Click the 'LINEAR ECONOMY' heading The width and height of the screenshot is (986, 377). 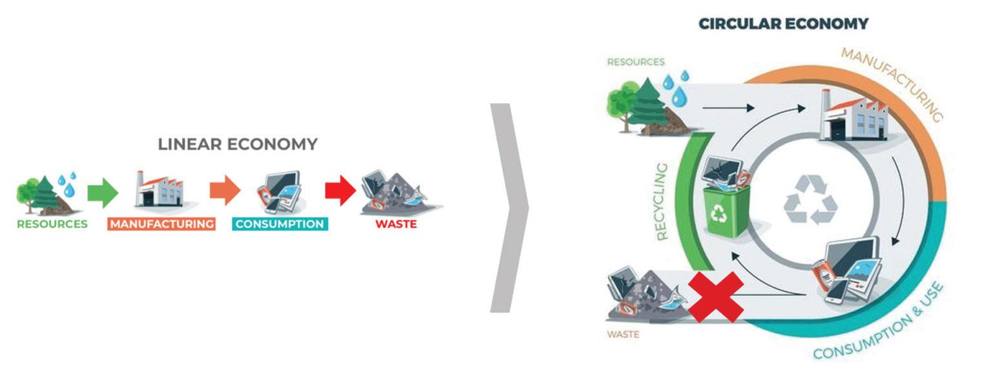pyautogui.click(x=238, y=144)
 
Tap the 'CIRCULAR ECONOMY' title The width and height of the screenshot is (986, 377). pyautogui.click(x=783, y=24)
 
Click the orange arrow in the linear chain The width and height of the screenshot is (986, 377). pyautogui.click(x=224, y=191)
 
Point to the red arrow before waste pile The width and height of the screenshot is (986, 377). pyautogui.click(x=340, y=191)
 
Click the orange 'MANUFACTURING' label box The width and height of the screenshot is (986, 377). pyautogui.click(x=162, y=224)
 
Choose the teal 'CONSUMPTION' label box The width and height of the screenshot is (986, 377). pyautogui.click(x=280, y=224)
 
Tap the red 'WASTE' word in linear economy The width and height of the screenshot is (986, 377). pyautogui.click(x=396, y=224)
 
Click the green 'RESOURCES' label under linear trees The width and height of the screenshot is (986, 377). pyautogui.click(x=52, y=224)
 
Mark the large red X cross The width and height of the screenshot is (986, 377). pyautogui.click(x=715, y=297)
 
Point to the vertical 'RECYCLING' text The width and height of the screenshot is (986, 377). pyautogui.click(x=662, y=201)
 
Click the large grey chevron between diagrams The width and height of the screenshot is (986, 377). pyautogui.click(x=509, y=208)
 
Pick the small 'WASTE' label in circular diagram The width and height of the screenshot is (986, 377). pyautogui.click(x=623, y=334)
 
